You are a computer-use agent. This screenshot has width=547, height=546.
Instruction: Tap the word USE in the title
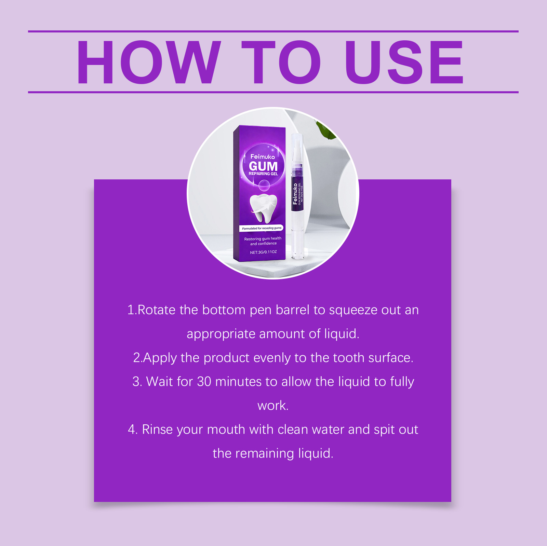(x=404, y=62)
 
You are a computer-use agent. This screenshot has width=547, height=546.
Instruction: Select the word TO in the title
(x=281, y=62)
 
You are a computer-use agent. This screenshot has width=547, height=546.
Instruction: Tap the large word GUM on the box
(x=263, y=166)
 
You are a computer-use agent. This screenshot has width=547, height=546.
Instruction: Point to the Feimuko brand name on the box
(x=263, y=156)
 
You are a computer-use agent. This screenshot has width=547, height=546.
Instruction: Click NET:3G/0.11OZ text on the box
(x=263, y=252)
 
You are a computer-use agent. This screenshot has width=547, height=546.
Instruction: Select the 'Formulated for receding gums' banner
(x=262, y=228)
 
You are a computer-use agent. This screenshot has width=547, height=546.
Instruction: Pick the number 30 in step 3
(x=204, y=382)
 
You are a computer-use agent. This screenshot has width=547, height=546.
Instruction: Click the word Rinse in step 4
(x=157, y=429)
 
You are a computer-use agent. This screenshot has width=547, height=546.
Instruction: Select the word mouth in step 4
(x=226, y=429)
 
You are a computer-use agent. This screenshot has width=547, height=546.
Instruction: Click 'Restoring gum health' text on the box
(x=263, y=238)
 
